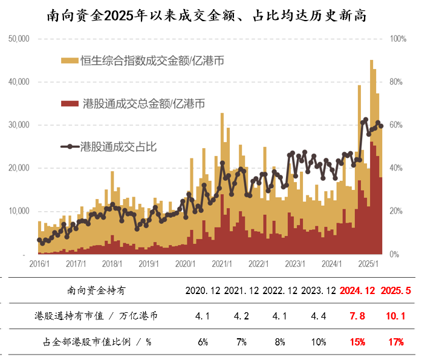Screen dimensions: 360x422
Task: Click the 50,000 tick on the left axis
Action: (19, 39)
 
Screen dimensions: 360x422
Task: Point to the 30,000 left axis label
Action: (19, 125)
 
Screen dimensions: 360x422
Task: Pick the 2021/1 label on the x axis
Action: (222, 264)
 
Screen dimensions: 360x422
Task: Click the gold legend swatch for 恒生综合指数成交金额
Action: (70, 61)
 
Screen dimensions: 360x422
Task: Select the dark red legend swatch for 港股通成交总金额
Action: (70, 104)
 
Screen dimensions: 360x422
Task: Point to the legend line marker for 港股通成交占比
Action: (70, 146)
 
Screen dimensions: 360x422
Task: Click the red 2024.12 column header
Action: (357, 291)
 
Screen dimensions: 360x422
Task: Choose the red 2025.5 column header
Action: (396, 291)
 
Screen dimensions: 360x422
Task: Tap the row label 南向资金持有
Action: (97, 291)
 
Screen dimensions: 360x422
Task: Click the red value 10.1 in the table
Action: (396, 316)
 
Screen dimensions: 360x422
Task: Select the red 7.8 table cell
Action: (357, 316)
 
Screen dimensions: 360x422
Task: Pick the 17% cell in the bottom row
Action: (396, 342)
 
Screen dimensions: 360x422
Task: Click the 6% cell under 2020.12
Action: (203, 342)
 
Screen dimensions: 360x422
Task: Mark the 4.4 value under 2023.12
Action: (318, 316)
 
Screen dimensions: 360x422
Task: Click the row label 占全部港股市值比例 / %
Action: (97, 342)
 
